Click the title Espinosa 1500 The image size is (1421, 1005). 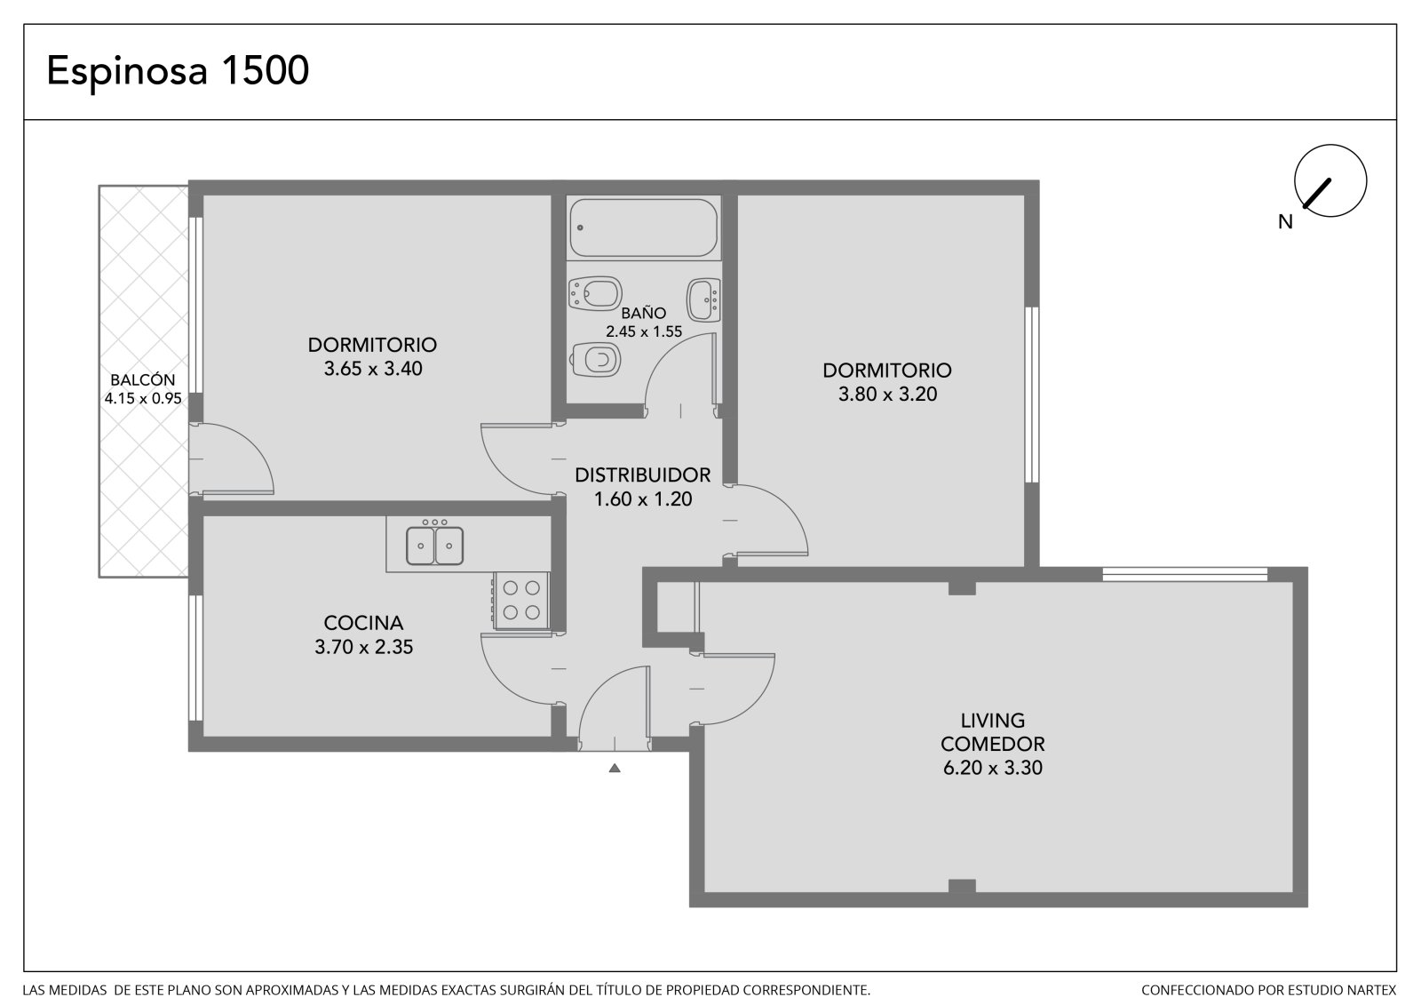tap(178, 70)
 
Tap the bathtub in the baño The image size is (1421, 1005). tap(643, 227)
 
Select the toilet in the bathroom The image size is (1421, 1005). tap(596, 360)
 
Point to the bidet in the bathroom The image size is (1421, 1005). tap(594, 292)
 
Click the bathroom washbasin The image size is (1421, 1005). tap(703, 299)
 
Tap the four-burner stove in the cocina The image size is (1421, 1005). tap(520, 600)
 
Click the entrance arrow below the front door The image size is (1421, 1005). tap(614, 769)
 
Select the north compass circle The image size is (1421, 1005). tap(1330, 180)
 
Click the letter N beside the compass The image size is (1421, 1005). tap(1285, 222)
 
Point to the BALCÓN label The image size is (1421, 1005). tap(143, 379)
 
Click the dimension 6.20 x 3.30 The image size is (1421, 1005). tap(993, 768)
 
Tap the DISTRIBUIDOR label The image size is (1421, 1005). tap(643, 475)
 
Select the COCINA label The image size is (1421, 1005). tap(363, 623)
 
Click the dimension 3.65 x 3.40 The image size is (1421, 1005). tap(373, 369)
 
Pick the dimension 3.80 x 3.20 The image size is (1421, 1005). tap(887, 395)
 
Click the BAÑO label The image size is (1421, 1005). tap(643, 313)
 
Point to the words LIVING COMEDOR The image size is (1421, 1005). tap(993, 732)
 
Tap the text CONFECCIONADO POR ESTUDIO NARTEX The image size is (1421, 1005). tap(1269, 990)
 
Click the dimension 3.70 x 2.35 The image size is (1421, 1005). tap(363, 647)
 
